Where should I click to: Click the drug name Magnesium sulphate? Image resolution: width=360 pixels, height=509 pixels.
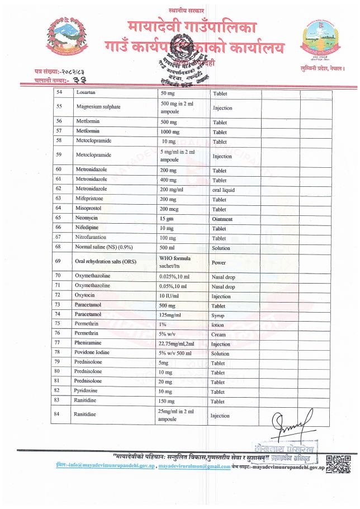[x=100, y=107]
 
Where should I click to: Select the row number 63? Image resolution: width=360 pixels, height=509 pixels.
[x=58, y=199]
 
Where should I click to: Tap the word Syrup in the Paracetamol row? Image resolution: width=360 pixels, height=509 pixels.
[x=218, y=316]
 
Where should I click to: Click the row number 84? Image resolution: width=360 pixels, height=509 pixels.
[x=58, y=414]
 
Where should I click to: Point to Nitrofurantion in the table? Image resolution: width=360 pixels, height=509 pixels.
[x=93, y=238]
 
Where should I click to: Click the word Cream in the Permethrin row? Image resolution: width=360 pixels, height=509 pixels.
[x=219, y=334]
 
